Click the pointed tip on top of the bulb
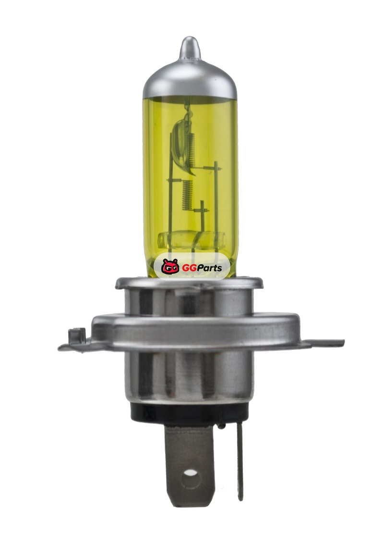190,38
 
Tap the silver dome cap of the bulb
190,80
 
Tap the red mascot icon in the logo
170,266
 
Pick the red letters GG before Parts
187,268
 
